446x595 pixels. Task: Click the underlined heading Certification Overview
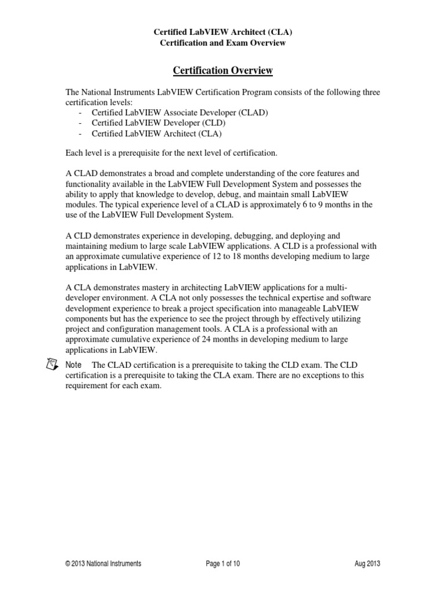click(223, 71)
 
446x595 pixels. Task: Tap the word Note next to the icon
click(74, 365)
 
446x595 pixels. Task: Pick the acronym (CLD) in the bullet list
click(212, 123)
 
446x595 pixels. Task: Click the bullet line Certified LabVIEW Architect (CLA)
click(157, 134)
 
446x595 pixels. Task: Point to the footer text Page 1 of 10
click(223, 564)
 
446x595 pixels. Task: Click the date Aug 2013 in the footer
click(367, 564)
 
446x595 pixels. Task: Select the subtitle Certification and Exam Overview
click(223, 42)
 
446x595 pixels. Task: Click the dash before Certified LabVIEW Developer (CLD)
click(80, 123)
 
